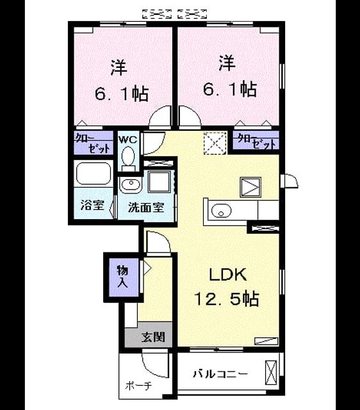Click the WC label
128,140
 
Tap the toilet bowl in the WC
128,156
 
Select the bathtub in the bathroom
94,174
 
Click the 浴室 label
92,205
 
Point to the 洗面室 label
146,208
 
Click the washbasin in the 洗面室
131,184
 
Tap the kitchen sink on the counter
221,211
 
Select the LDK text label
227,275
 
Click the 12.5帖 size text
227,299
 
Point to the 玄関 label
153,337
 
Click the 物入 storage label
123,276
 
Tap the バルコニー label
220,374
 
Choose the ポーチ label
138,386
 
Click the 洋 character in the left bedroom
119,67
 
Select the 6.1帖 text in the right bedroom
230,89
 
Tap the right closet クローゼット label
256,142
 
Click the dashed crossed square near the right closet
215,143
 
